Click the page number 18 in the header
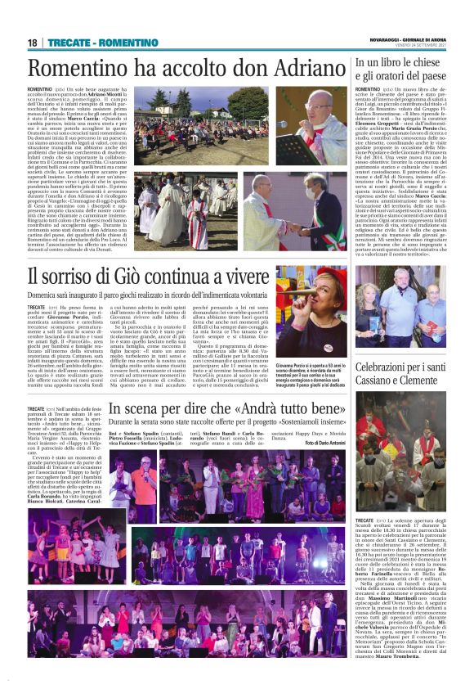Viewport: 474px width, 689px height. click(33, 42)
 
